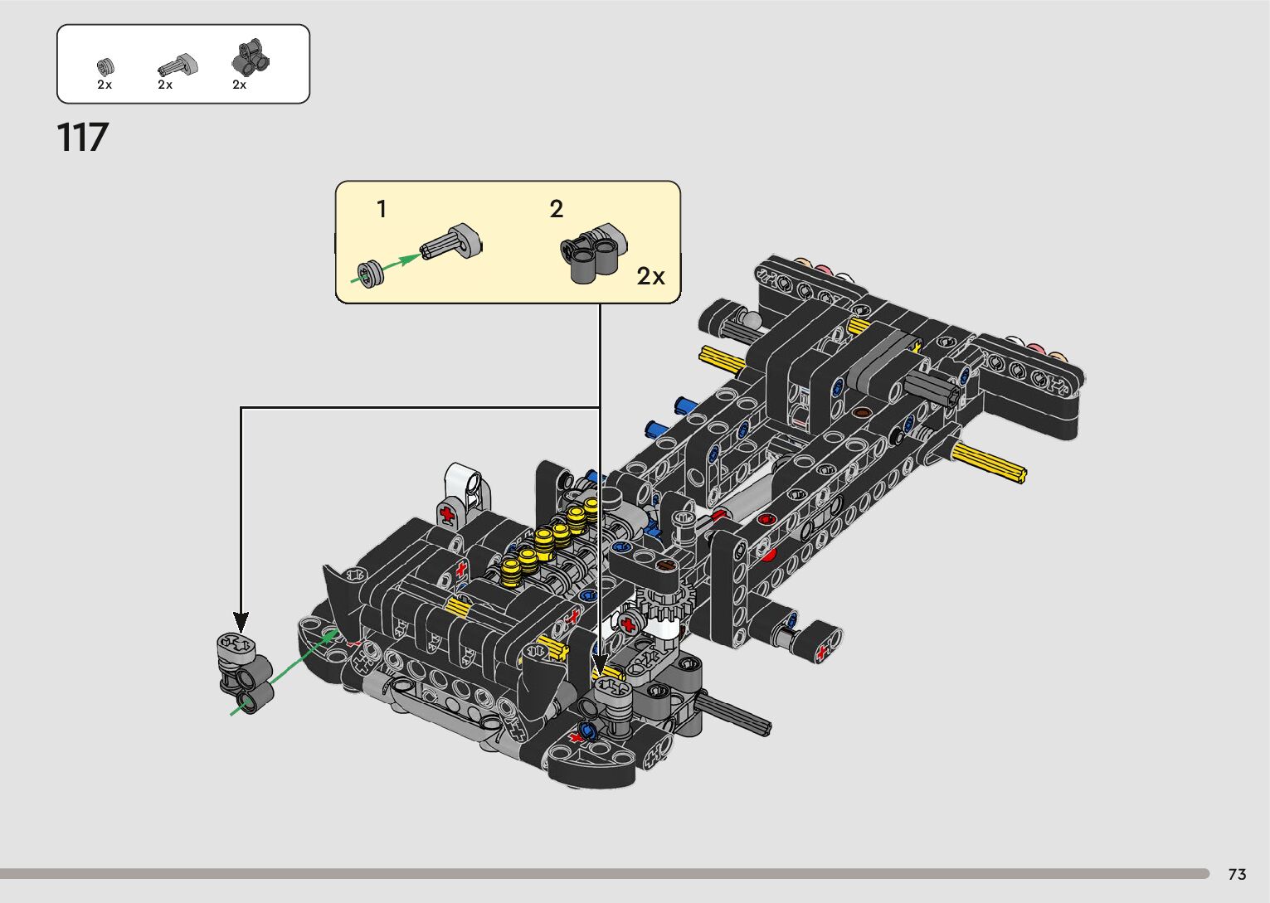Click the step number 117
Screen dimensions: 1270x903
pos(83,137)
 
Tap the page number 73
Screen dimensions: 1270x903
pos(1237,873)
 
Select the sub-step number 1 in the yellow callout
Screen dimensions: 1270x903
pos(382,209)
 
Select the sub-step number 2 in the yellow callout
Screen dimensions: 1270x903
pos(556,209)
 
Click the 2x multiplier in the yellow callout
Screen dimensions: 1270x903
pos(650,276)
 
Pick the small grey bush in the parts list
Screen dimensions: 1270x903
pos(105,67)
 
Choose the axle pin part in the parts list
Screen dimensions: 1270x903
pos(178,66)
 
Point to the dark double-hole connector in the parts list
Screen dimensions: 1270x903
pos(251,58)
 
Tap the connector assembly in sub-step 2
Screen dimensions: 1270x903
pos(594,252)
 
